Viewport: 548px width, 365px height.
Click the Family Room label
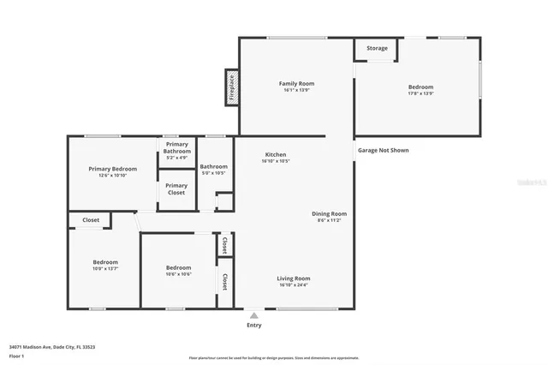point(296,83)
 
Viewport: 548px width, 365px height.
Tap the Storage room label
point(377,48)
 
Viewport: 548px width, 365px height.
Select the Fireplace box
point(232,87)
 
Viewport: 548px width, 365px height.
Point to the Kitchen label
point(275,154)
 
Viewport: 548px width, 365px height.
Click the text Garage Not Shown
point(383,150)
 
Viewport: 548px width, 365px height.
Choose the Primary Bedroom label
point(113,169)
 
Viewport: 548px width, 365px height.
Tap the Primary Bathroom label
point(176,147)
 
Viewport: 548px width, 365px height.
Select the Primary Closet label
point(176,188)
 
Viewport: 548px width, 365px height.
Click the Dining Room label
point(329,213)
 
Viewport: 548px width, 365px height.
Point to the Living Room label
point(294,278)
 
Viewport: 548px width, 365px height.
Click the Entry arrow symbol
point(253,315)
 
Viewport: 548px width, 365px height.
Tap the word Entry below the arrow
point(254,326)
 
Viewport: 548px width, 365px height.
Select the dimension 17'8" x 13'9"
point(420,93)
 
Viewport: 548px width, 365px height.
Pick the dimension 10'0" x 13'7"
point(105,269)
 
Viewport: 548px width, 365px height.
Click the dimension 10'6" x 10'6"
point(178,274)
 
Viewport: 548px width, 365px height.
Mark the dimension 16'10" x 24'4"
point(294,285)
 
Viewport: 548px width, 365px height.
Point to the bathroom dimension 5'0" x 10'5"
point(213,173)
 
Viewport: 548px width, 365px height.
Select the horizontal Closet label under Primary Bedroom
point(91,220)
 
